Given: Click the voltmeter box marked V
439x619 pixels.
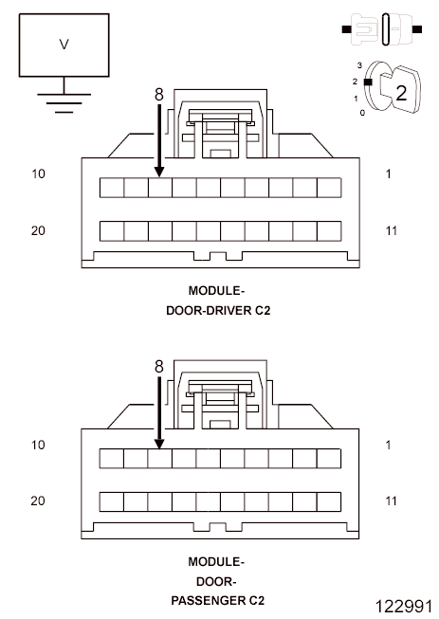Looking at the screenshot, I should [x=64, y=45].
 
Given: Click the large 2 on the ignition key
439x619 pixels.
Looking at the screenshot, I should [x=400, y=93].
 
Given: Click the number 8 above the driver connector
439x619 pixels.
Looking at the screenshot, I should [x=158, y=95].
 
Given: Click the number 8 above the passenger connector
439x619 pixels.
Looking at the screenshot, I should [x=158, y=365].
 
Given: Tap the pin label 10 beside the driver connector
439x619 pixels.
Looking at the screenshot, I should [x=39, y=174].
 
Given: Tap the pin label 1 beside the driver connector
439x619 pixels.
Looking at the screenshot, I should [x=390, y=174].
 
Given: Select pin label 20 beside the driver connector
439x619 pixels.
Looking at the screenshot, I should [x=39, y=230].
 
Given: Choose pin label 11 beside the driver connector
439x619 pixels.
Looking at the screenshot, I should [x=392, y=230].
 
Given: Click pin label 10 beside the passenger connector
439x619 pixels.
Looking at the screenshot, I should [x=39, y=445].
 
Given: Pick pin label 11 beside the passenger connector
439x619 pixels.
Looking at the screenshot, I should [x=392, y=501].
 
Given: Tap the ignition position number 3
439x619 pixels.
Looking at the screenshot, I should [x=359, y=64].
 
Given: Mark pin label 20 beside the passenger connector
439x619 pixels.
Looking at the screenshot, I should [x=39, y=501].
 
